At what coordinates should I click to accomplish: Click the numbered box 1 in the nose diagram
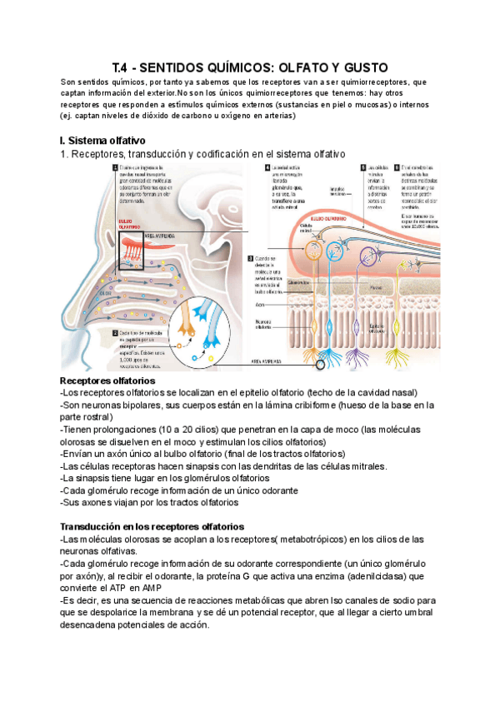pos(114,168)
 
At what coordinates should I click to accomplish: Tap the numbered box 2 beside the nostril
pos(114,331)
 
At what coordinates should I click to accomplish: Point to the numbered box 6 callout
pos(397,167)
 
